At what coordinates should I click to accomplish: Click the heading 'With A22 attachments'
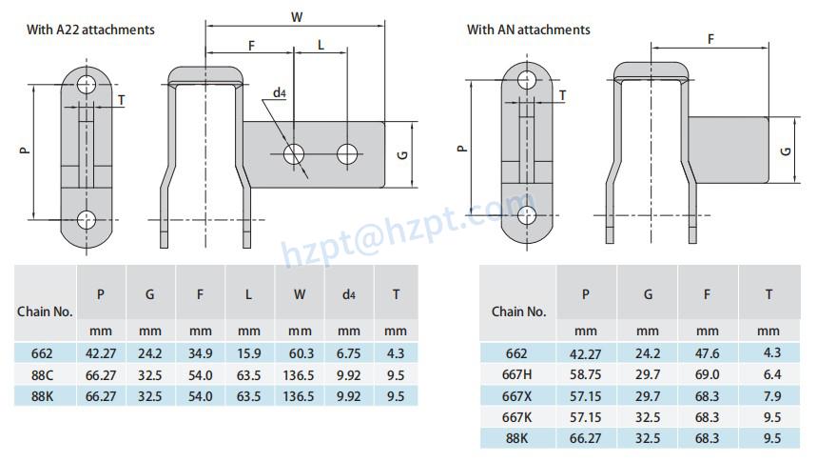90,30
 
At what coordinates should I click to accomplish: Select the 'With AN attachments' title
528,30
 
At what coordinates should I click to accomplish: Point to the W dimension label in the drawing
298,15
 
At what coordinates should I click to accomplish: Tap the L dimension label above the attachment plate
321,45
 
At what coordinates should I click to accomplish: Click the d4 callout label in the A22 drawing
280,92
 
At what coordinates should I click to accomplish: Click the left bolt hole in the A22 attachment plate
294,152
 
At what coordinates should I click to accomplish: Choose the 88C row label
42,374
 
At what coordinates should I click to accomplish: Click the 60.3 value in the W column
299,352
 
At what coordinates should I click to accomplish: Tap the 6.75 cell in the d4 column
348,352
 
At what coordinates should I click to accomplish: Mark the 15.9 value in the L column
249,352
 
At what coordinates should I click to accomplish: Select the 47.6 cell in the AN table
707,352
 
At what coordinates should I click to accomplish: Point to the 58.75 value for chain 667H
586,374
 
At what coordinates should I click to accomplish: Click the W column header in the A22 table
299,294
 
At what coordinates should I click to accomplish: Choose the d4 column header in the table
348,294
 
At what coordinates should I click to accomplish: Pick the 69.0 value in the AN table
707,374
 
